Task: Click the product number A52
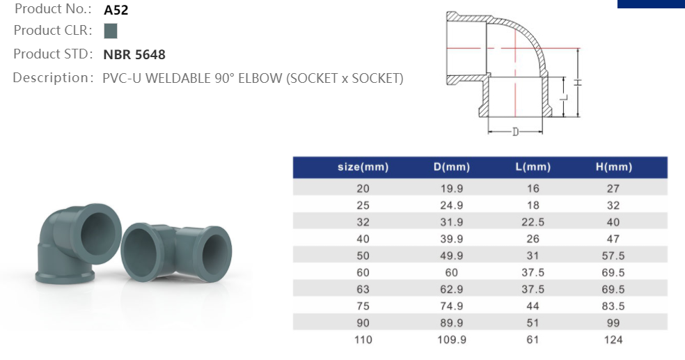116,10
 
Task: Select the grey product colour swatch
110,31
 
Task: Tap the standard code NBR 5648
134,54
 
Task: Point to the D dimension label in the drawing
515,132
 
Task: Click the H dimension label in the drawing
578,82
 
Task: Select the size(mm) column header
363,167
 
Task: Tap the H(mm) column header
613,167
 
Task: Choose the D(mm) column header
451,167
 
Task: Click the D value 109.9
451,340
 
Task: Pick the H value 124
613,340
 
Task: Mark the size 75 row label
363,306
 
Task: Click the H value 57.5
613,256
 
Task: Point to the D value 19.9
451,189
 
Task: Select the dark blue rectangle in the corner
651,3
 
